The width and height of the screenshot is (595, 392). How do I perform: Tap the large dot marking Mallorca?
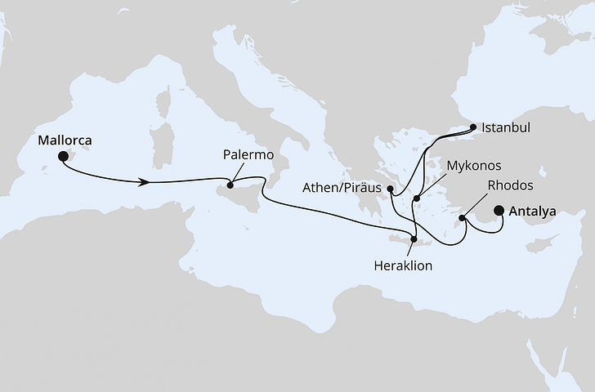click(x=63, y=161)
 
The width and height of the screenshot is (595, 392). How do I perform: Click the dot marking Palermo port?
click(x=230, y=184)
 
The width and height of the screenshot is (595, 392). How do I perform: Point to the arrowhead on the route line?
click(x=144, y=182)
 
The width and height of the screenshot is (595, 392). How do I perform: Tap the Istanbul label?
click(x=507, y=128)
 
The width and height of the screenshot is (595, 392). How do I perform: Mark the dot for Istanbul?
click(x=473, y=127)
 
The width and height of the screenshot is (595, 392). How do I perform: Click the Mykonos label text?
click(x=473, y=166)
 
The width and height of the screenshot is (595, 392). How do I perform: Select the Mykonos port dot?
click(x=417, y=198)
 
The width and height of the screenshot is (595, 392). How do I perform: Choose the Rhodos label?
click(x=510, y=185)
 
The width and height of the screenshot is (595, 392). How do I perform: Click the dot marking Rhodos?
click(x=463, y=218)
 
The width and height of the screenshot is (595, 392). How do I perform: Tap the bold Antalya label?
click(x=532, y=212)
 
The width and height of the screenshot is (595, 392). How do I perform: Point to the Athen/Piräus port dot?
click(x=391, y=190)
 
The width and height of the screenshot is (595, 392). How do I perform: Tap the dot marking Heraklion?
click(x=415, y=239)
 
